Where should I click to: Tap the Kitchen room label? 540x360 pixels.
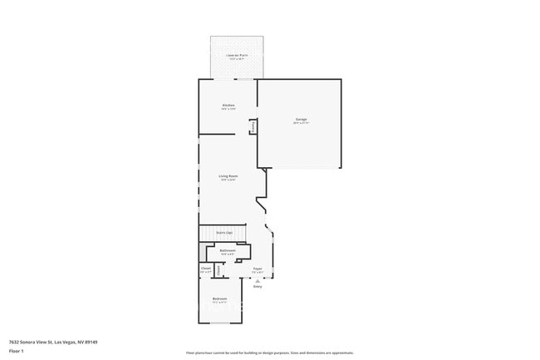tap(228, 106)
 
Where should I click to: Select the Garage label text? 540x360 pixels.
tap(301, 120)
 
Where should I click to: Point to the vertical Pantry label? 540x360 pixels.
tap(253, 126)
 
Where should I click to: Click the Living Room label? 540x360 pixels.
tap(228, 175)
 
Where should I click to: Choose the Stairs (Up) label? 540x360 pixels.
tap(224, 233)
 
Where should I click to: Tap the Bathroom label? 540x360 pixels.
tap(227, 250)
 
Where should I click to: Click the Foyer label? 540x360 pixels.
tap(258, 269)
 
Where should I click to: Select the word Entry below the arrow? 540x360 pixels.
tap(258, 287)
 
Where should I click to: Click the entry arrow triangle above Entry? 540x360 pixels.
tap(258, 281)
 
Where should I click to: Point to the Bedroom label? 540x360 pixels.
tap(219, 298)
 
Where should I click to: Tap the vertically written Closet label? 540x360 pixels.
tap(218, 269)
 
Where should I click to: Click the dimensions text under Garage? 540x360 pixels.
tap(301, 124)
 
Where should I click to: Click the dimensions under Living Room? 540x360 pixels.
tap(228, 180)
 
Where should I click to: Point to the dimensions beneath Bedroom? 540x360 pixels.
tap(219, 303)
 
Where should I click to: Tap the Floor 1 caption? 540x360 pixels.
tap(16, 351)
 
